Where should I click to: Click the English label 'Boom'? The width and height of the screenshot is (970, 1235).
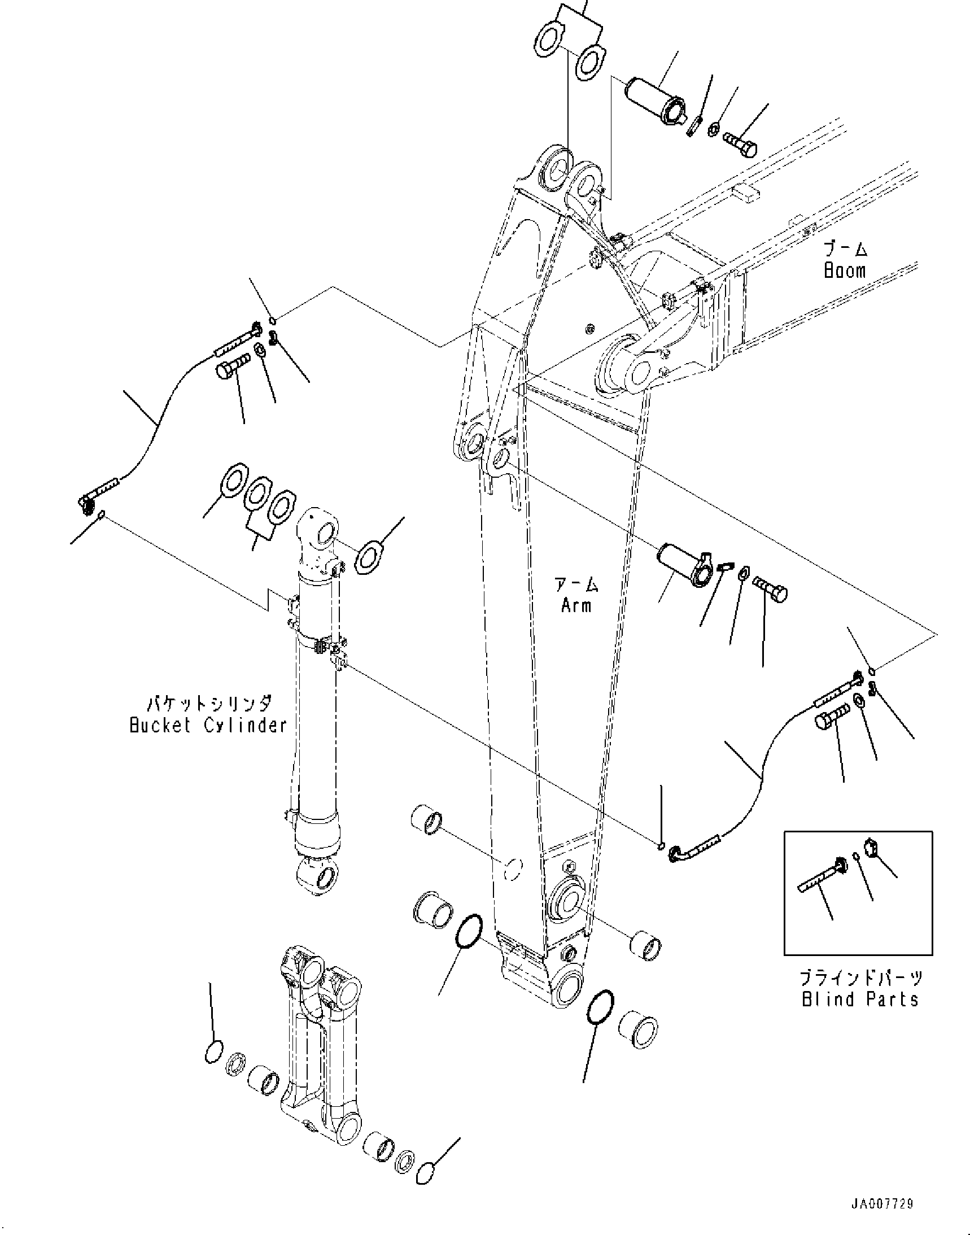click(845, 270)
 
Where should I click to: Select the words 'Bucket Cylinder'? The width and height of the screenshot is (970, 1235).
click(208, 726)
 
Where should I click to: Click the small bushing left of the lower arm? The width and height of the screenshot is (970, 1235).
click(426, 820)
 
